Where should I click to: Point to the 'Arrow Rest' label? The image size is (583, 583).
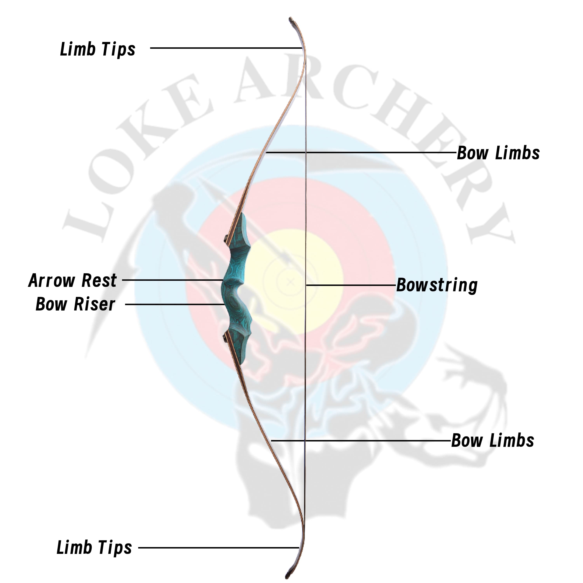(x=72, y=280)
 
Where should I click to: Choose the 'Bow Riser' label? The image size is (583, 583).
(x=75, y=304)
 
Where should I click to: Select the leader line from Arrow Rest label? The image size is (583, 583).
(x=172, y=280)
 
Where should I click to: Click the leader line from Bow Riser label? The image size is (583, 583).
(x=175, y=304)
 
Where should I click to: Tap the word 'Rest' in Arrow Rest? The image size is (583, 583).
(x=99, y=280)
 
